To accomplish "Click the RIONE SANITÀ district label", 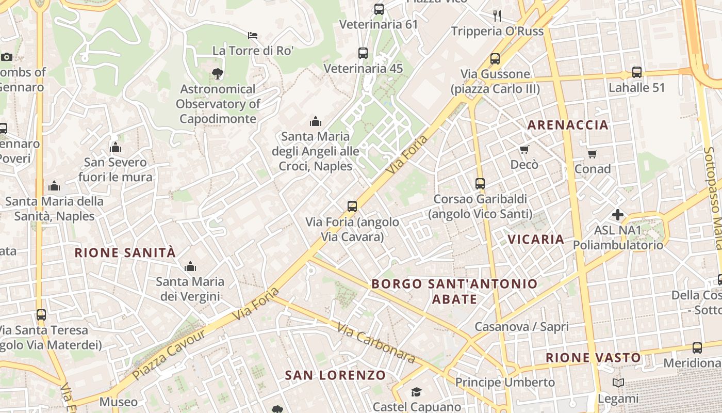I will pyautogui.click(x=125, y=253).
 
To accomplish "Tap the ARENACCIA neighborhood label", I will pyautogui.click(x=568, y=125).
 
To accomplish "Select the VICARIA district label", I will pyautogui.click(x=536, y=239).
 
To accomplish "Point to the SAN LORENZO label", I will pyautogui.click(x=335, y=375).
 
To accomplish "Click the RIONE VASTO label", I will pyautogui.click(x=593, y=357).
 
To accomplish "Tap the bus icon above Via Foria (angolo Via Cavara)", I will pyautogui.click(x=352, y=206).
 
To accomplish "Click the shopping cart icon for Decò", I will pyautogui.click(x=524, y=150).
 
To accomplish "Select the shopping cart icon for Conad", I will pyautogui.click(x=593, y=154).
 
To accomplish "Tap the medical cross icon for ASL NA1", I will pyautogui.click(x=618, y=215).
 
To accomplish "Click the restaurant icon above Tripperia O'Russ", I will pyautogui.click(x=497, y=15).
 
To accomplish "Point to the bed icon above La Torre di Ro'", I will pyautogui.click(x=253, y=36).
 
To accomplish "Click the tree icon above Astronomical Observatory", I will pyautogui.click(x=218, y=74).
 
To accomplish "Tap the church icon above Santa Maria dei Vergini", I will pyautogui.click(x=190, y=266).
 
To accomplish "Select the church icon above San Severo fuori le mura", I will pyautogui.click(x=116, y=148).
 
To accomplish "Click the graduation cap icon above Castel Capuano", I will pyautogui.click(x=416, y=392).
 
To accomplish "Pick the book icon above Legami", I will pyautogui.click(x=618, y=383).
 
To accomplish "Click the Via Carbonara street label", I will pyautogui.click(x=376, y=342).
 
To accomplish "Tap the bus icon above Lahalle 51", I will pyautogui.click(x=637, y=72).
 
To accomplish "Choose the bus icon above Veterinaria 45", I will pyautogui.click(x=363, y=53).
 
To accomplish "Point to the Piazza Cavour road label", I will pyautogui.click(x=169, y=354).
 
